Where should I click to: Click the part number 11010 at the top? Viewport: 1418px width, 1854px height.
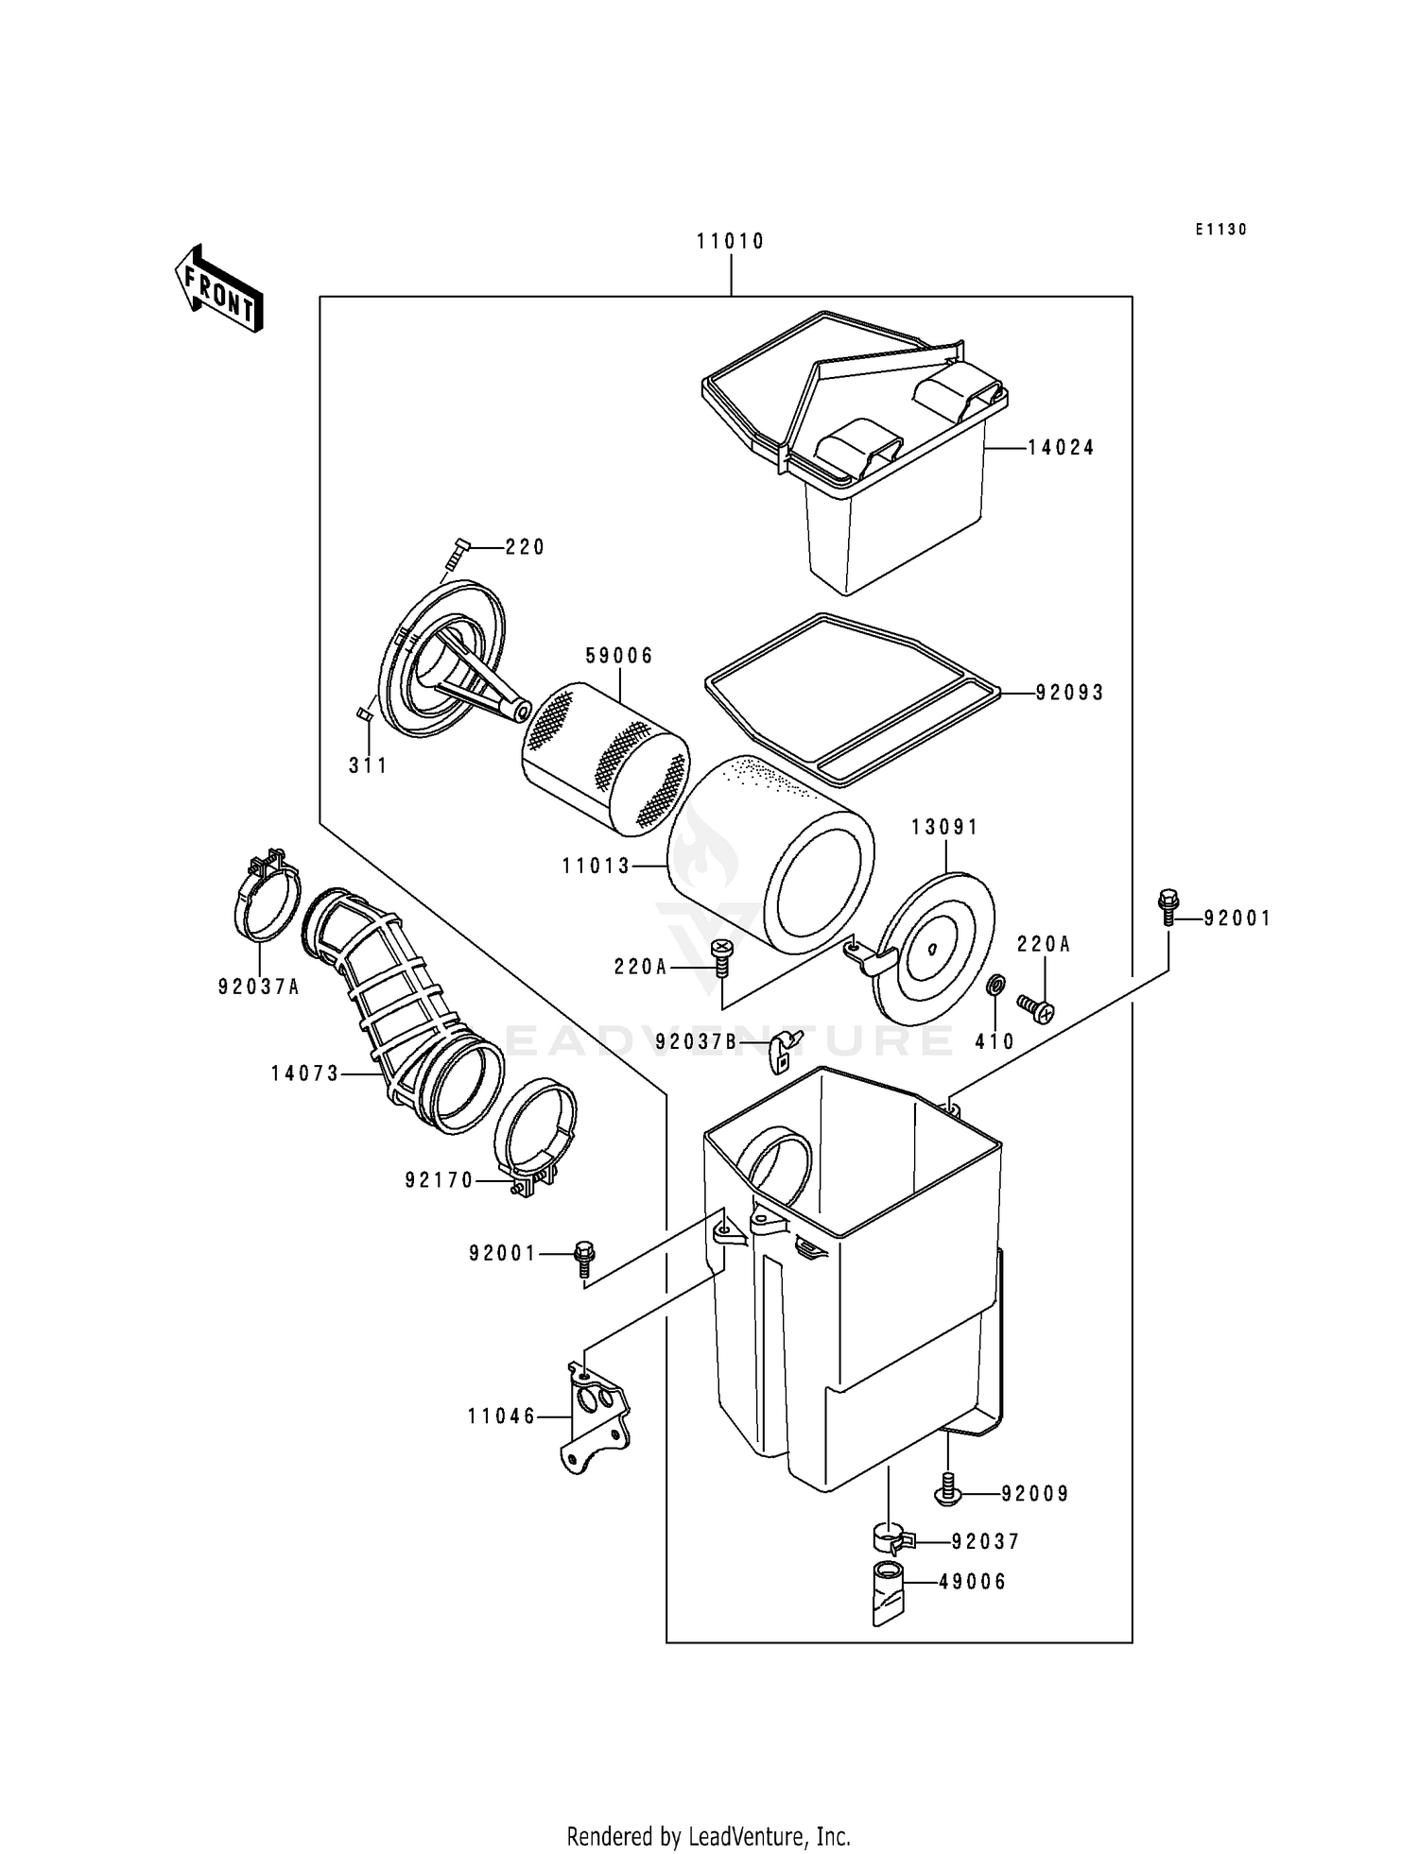[x=730, y=242]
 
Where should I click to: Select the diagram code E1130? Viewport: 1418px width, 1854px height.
[x=1220, y=230]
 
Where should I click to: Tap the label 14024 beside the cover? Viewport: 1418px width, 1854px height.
[x=1061, y=448]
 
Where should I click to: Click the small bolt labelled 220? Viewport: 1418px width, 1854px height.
[x=457, y=552]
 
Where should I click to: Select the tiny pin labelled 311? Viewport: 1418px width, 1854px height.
[x=364, y=713]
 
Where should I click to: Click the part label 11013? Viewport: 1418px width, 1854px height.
[x=597, y=866]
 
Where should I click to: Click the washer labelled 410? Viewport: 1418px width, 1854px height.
[x=994, y=987]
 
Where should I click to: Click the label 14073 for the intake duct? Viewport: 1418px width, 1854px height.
[x=304, y=1073]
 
